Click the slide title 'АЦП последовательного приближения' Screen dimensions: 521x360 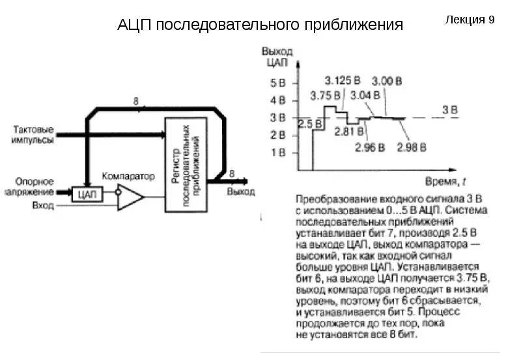click(260, 25)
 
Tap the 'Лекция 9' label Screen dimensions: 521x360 click(470, 20)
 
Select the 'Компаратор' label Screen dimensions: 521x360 click(128, 176)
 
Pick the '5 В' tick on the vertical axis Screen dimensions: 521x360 click(277, 83)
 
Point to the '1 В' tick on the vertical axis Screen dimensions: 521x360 click(277, 152)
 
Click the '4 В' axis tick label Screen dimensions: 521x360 click(277, 101)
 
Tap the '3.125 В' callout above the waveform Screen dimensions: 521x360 click(343, 80)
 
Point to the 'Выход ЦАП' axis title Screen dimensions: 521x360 click(277, 56)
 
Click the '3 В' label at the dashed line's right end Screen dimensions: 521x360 click(449, 109)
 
